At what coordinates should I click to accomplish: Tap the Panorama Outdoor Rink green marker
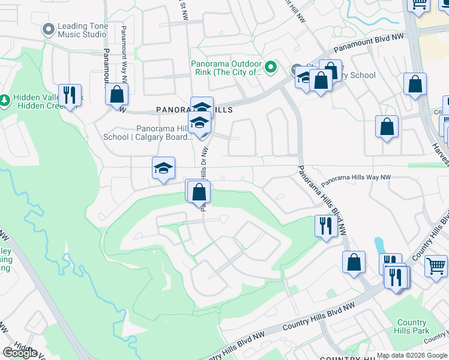point(271,68)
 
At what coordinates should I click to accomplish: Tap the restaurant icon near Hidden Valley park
point(70,94)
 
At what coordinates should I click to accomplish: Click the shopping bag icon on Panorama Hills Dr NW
point(199,192)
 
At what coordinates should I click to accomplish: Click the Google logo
point(19,352)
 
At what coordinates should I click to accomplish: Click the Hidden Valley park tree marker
point(5,98)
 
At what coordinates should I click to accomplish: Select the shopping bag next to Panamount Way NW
point(116,94)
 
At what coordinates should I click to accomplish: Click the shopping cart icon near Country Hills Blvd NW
point(436,264)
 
